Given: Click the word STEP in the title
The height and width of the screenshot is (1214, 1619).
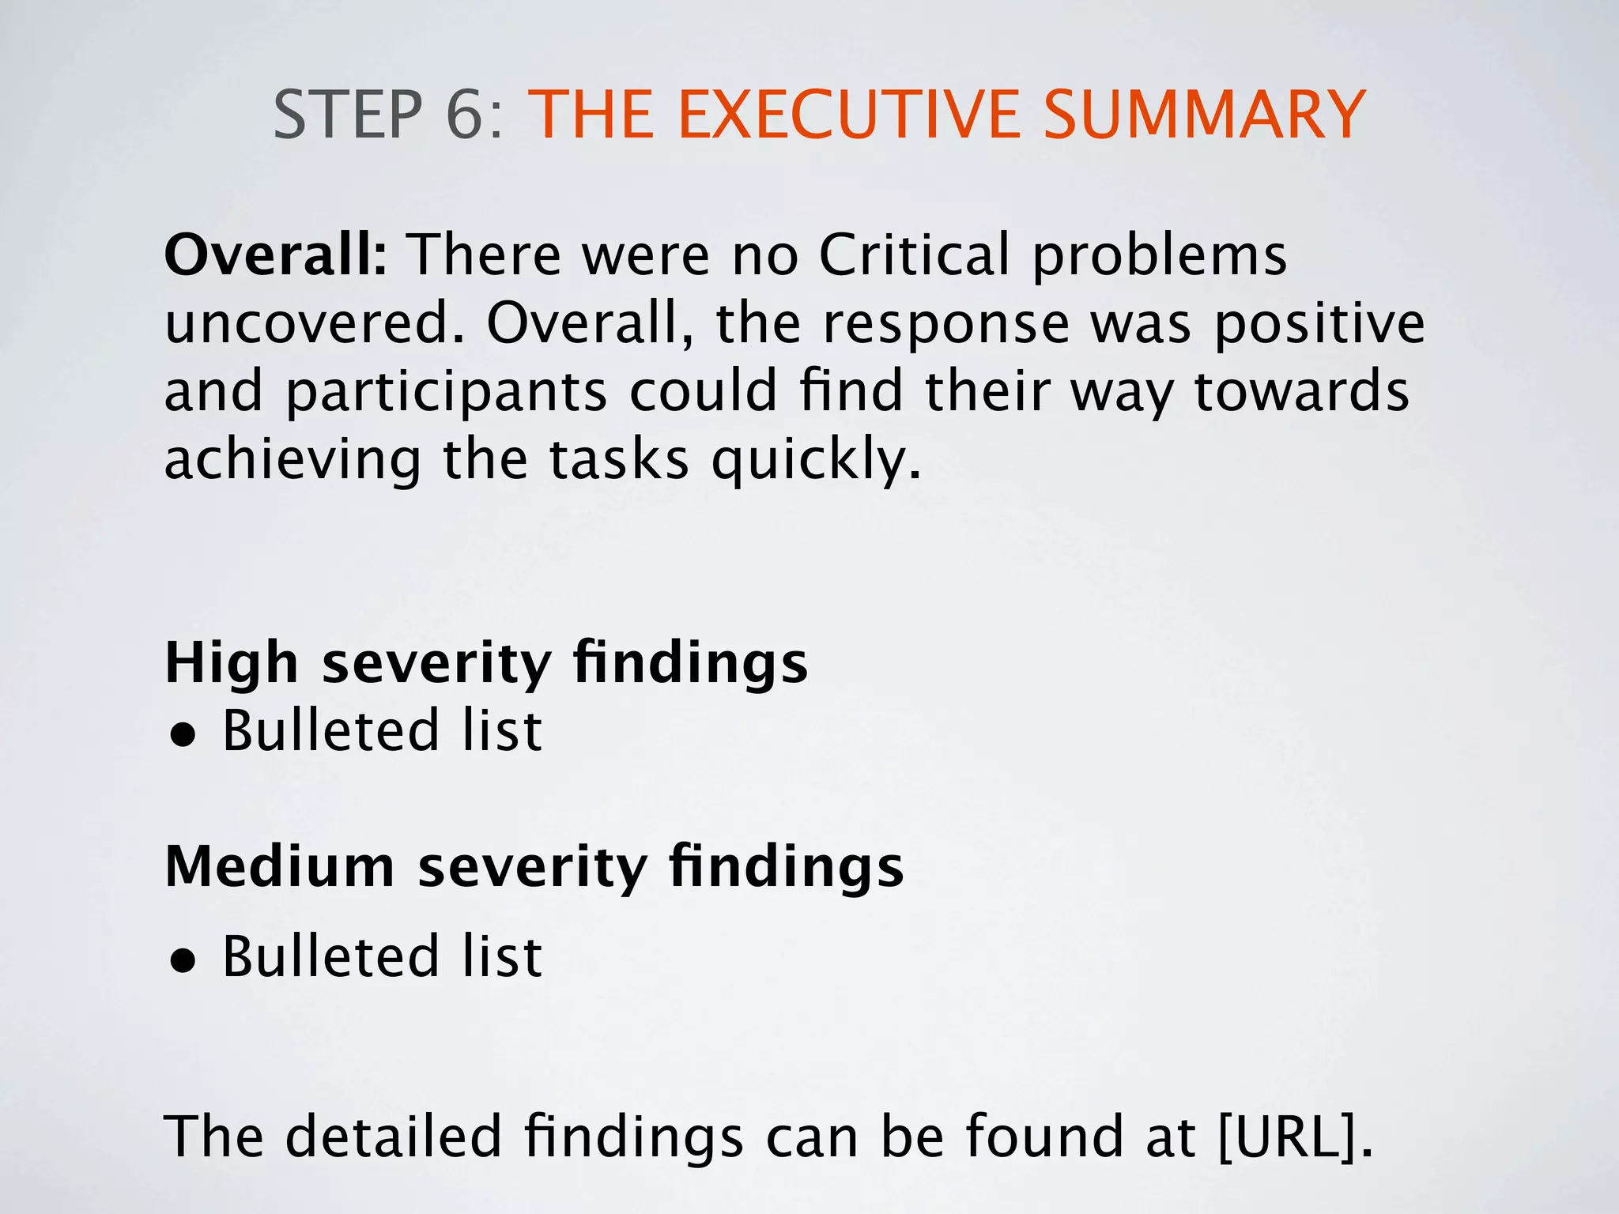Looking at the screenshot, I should coord(348,115).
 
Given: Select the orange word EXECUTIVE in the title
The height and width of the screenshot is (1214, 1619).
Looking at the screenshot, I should coord(847,115).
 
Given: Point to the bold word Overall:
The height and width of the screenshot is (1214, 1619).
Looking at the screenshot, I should coord(276,255).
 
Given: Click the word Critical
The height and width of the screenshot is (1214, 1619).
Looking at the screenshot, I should coord(915,255).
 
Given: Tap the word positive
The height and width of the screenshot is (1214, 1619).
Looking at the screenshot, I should coord(1319,324).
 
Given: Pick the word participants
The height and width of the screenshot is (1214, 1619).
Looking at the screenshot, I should coord(446,393).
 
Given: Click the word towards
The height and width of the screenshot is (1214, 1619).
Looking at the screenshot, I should coord(1301,393).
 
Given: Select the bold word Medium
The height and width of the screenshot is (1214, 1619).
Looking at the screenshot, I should coord(280,867).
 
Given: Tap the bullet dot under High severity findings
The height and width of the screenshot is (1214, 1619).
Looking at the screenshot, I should coord(183,735).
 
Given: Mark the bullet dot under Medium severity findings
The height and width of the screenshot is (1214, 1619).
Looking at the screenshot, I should coord(183,961).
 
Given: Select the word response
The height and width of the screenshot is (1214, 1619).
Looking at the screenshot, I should coord(946,324).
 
